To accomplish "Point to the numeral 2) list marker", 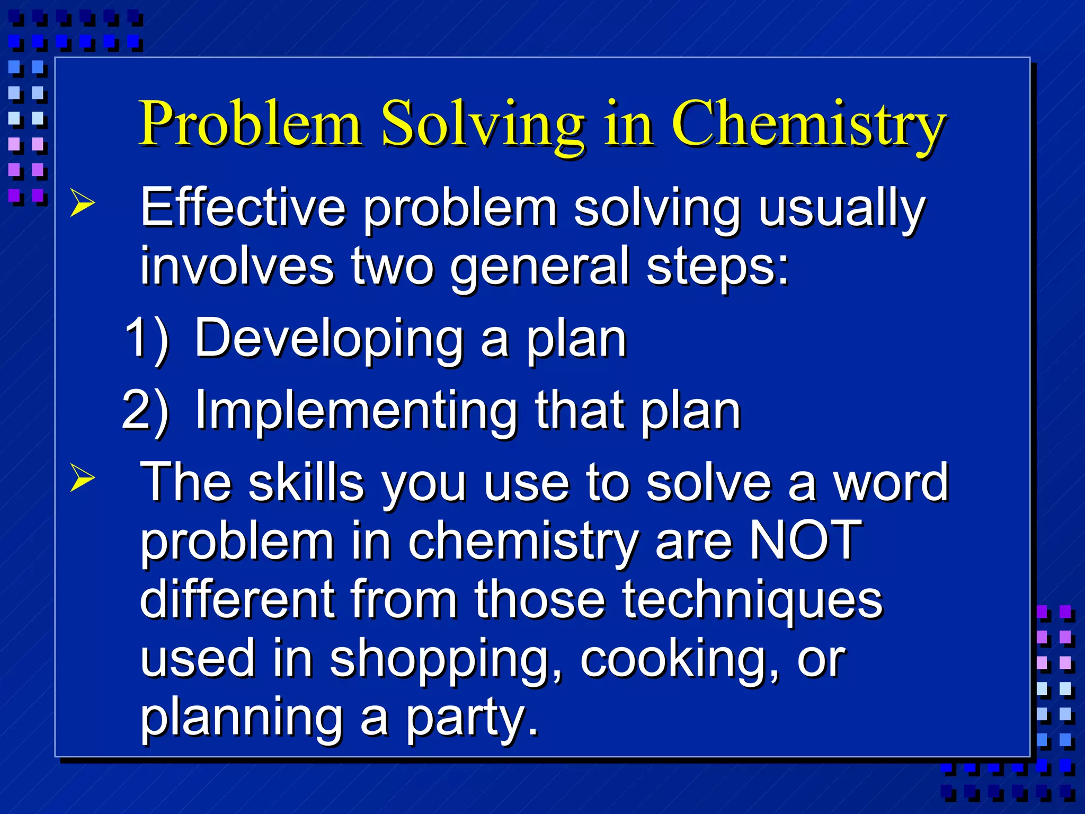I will [145, 410].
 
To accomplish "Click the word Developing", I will [328, 339].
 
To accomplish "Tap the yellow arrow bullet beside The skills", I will [83, 478].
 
